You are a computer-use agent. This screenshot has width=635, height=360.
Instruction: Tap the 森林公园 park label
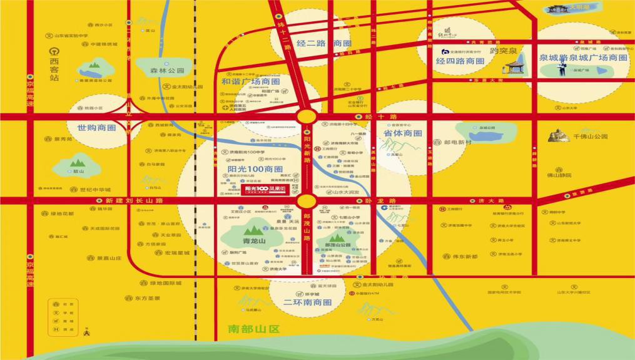click(x=167, y=71)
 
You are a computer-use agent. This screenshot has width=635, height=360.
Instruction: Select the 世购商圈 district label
click(x=97, y=128)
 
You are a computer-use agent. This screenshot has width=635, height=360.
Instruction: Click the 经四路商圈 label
click(x=460, y=61)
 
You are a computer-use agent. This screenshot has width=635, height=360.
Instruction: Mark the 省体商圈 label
click(x=402, y=133)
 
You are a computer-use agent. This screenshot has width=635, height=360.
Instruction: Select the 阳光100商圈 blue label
click(x=255, y=169)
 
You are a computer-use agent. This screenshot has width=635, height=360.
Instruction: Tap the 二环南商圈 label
click(x=307, y=302)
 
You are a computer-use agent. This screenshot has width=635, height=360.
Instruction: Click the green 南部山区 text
click(x=253, y=329)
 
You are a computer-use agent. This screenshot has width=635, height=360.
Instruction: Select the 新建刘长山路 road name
click(x=134, y=200)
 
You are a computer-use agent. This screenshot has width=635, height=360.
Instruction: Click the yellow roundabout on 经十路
click(x=307, y=116)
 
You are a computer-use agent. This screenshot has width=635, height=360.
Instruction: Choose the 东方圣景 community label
click(x=148, y=298)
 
